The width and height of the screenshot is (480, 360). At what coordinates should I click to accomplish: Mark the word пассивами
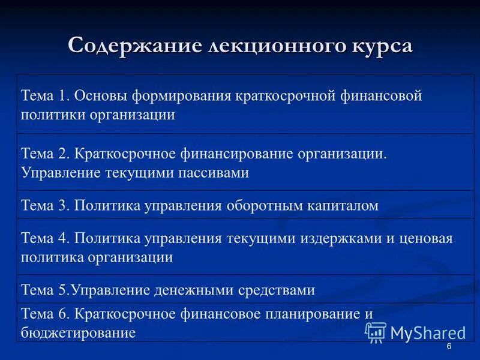[213, 173]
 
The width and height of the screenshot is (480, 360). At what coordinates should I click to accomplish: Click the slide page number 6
[449, 349]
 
